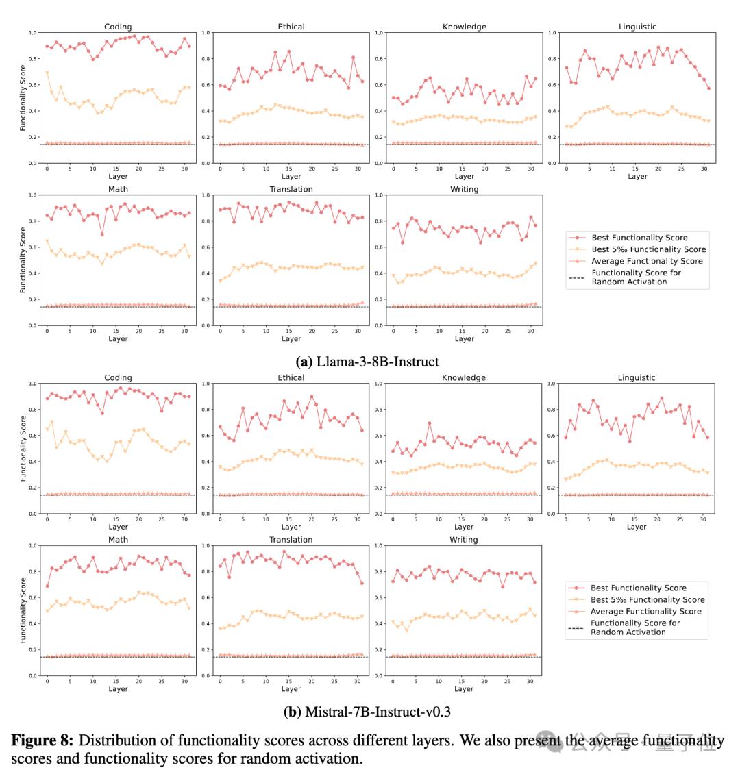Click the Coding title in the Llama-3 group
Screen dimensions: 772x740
[118, 27]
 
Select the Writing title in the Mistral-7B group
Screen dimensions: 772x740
[464, 540]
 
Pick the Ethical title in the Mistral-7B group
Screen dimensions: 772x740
[291, 377]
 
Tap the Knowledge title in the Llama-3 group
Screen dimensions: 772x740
[465, 27]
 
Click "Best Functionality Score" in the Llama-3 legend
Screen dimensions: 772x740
[639, 238]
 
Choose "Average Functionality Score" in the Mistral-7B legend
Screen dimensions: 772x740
[645, 611]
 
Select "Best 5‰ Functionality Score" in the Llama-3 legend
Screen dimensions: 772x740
[647, 249]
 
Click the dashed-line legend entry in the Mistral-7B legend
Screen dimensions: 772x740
[634, 627]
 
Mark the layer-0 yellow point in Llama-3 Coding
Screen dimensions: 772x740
[47, 73]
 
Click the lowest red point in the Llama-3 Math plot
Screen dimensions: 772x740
[102, 234]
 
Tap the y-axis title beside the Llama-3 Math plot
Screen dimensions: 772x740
[24, 260]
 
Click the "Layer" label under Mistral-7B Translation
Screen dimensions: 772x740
[291, 689]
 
